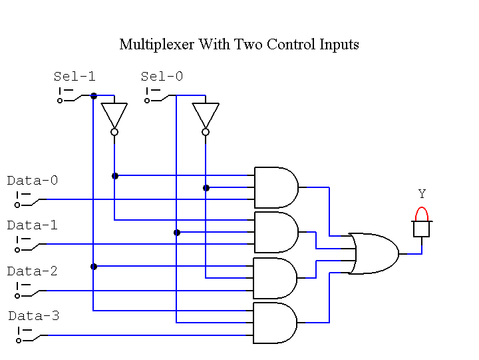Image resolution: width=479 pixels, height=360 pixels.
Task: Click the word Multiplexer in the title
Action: (x=153, y=45)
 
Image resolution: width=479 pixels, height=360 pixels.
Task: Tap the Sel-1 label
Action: (x=75, y=77)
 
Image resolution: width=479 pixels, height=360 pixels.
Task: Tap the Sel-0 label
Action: (x=162, y=77)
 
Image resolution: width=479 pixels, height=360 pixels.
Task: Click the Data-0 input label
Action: (x=33, y=181)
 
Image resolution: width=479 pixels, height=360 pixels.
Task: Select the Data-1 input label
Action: (x=33, y=225)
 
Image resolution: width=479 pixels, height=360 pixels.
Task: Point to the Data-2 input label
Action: (x=33, y=271)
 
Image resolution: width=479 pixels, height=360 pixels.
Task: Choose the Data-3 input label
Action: (x=34, y=316)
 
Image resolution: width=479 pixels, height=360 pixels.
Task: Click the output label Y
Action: (x=422, y=194)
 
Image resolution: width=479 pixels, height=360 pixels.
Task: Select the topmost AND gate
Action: (x=275, y=187)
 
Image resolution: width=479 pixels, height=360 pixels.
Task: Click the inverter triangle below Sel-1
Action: (x=114, y=115)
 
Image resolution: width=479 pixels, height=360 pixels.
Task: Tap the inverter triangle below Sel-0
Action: (x=206, y=115)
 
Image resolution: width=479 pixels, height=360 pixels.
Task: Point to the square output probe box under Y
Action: (x=421, y=229)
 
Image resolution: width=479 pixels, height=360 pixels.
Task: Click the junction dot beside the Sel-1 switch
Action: (x=94, y=96)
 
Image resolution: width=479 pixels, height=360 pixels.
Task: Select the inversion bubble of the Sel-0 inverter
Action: (x=206, y=132)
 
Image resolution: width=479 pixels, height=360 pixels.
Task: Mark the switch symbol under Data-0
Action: (x=27, y=200)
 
